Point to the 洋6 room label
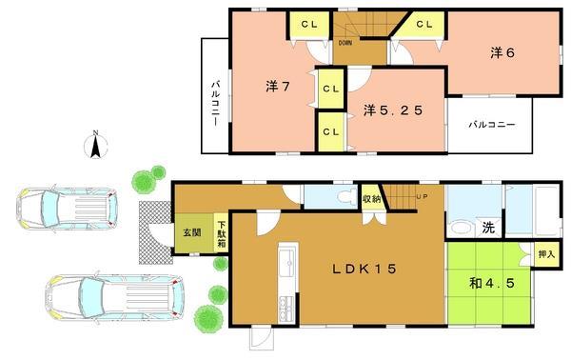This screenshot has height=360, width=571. [502, 53]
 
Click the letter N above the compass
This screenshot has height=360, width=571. [94, 133]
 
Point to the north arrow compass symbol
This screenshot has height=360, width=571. [94, 148]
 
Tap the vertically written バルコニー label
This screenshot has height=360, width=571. [216, 105]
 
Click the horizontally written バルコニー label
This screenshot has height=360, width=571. [492, 125]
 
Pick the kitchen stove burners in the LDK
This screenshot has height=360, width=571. [285, 308]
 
